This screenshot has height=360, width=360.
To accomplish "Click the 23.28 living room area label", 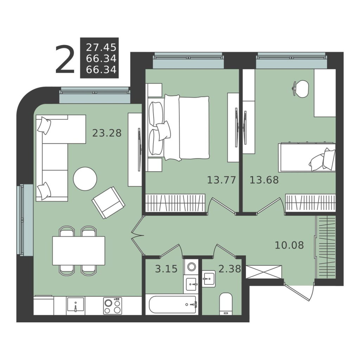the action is click(107, 133).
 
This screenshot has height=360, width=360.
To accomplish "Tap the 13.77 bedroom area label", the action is click(221, 180).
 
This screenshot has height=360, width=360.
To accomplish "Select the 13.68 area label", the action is click(264, 180).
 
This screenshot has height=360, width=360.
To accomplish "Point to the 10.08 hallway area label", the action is click(289, 245).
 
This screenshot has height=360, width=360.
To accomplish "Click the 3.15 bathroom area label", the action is click(166, 269).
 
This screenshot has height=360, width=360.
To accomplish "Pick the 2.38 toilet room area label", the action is click(230, 269).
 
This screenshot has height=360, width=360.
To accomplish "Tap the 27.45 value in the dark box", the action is click(101, 47).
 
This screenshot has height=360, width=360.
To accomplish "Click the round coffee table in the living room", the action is click(85, 179).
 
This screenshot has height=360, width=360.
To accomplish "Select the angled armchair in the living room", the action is click(108, 202).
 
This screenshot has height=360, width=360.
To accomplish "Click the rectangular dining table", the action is click(79, 251).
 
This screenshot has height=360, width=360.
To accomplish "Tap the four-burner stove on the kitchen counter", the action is click(112, 306).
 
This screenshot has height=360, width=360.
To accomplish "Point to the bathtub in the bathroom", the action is click(172, 305).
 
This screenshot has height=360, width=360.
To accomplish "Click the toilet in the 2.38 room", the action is click(226, 304).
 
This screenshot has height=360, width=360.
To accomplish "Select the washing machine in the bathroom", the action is click(191, 267).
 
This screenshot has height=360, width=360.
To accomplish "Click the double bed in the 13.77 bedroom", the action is click(179, 127).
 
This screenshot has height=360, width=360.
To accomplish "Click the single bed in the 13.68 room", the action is click(307, 158).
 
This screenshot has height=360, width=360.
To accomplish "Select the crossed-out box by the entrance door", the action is click(264, 272).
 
